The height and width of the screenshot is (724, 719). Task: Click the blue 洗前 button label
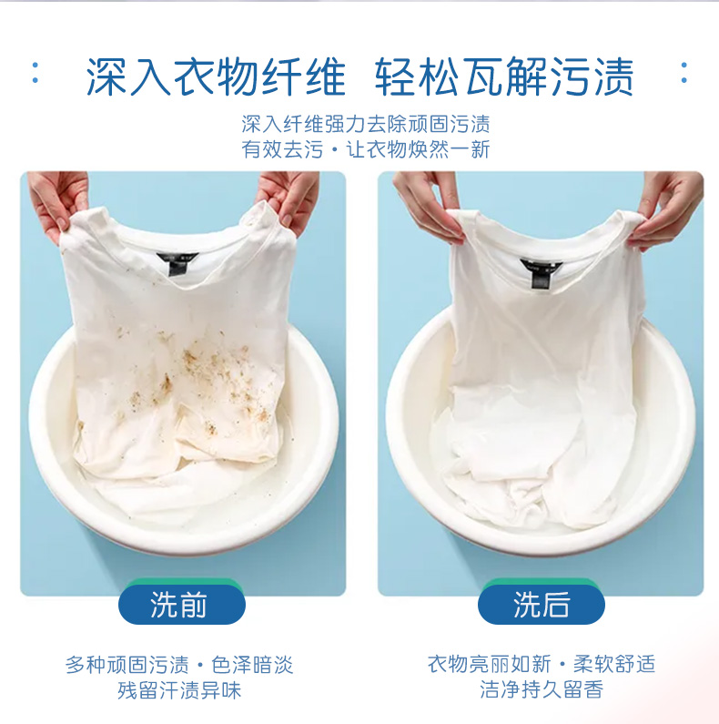tap(179, 606)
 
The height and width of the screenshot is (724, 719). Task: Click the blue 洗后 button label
tap(541, 606)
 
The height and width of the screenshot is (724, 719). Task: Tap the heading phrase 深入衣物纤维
tap(217, 77)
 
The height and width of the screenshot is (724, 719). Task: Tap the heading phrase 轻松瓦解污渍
tap(504, 77)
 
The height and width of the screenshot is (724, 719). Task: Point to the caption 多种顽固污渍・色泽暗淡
tap(179, 665)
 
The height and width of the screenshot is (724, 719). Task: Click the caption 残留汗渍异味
tap(179, 690)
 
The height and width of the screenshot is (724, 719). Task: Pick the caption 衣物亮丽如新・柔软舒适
tap(541, 665)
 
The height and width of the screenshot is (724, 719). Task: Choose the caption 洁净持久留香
tap(541, 690)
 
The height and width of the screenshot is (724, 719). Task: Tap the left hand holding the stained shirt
tap(56, 202)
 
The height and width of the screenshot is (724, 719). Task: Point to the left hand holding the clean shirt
tap(426, 205)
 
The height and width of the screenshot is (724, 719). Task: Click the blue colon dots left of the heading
tap(35, 73)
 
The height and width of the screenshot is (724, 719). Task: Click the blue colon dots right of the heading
tap(684, 73)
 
